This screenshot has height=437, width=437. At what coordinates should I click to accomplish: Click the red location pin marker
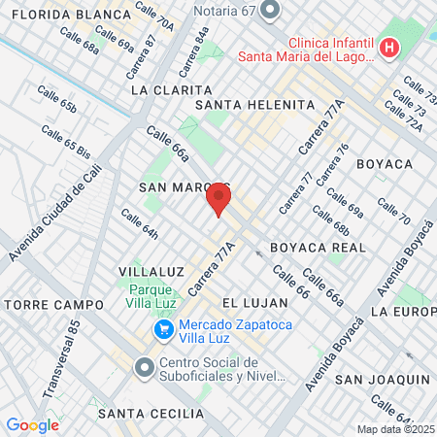(218, 199)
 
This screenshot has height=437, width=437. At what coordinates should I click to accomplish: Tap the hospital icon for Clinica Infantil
(389, 48)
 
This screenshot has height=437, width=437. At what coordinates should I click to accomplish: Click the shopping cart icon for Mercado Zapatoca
(164, 332)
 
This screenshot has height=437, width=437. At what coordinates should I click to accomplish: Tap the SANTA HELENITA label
(255, 105)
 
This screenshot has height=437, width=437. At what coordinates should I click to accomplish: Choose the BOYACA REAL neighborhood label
(318, 248)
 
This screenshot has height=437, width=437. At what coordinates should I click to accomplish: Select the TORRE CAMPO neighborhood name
(54, 305)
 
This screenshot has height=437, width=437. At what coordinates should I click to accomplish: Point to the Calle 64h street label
(139, 226)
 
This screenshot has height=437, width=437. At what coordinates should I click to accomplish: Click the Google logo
(32, 424)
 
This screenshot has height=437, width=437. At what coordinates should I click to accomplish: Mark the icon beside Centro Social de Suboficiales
(145, 368)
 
